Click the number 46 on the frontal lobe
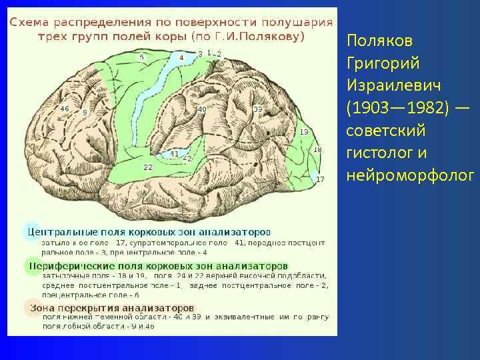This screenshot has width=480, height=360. [x=65, y=108]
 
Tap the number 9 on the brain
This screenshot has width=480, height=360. [x=85, y=113]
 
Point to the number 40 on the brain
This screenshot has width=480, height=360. [x=201, y=109]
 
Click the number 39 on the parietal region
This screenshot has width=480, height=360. [x=257, y=109]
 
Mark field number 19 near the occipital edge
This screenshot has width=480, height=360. [x=304, y=132]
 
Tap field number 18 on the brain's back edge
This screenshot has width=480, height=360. [x=317, y=150]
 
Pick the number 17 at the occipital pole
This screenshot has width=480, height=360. [x=320, y=179]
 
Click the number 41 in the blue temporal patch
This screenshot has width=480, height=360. [x=174, y=153]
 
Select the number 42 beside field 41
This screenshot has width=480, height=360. [x=187, y=159]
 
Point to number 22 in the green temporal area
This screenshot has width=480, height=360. [x=148, y=167]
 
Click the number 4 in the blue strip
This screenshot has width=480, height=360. [x=181, y=58]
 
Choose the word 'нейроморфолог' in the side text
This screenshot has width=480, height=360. [x=410, y=176]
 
